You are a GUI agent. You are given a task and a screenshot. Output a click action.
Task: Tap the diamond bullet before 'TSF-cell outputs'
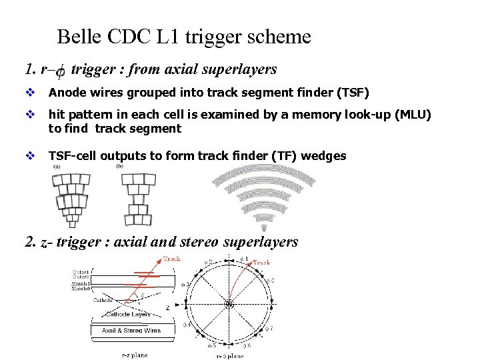tap(29, 156)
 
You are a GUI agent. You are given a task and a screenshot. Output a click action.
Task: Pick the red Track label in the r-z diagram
tap(171, 259)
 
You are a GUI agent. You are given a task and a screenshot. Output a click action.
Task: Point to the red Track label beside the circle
tap(261, 262)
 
